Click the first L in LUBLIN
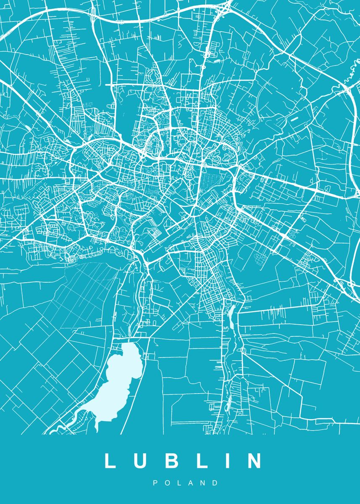tap(110, 461)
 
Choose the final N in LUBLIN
tap(253, 461)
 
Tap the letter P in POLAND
tap(155, 483)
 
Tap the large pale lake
tap(120, 378)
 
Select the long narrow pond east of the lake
tap(231, 317)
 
